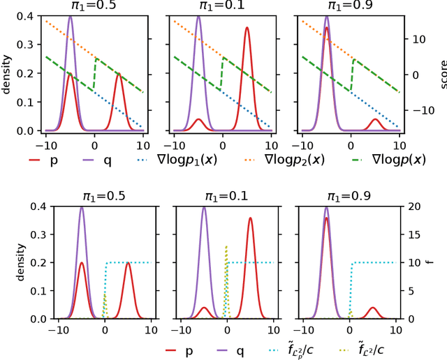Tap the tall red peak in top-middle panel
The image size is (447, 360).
[247, 29]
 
